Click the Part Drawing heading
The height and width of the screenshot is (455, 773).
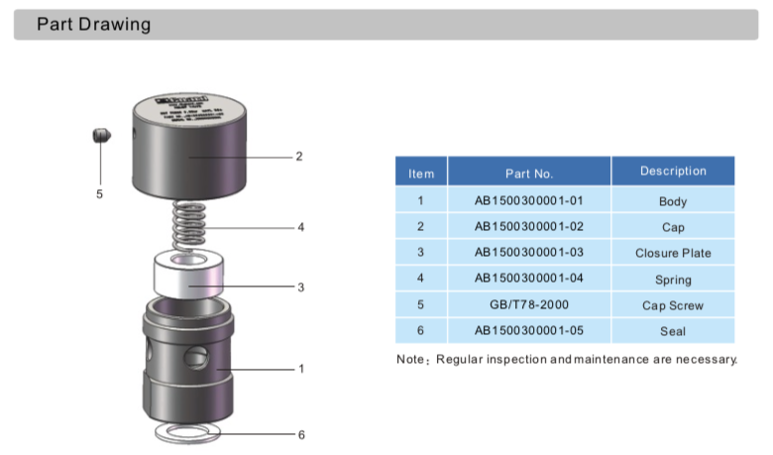pyautogui.click(x=93, y=25)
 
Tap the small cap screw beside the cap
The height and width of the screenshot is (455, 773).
pyautogui.click(x=99, y=136)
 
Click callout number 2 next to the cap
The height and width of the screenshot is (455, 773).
pyautogui.click(x=297, y=156)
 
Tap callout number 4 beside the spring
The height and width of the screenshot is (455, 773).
pyautogui.click(x=300, y=227)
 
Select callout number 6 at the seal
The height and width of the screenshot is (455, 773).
pyautogui.click(x=300, y=434)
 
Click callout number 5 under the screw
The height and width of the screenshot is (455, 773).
pyautogui.click(x=99, y=194)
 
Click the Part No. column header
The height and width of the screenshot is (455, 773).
pyautogui.click(x=528, y=172)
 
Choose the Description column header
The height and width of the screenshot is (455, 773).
pyautogui.click(x=673, y=171)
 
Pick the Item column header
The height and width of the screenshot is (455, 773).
pyautogui.click(x=421, y=173)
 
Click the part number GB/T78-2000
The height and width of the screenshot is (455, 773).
pyautogui.click(x=528, y=305)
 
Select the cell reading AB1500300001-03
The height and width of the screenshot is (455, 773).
pyautogui.click(x=528, y=253)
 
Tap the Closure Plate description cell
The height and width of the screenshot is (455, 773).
pyautogui.click(x=673, y=253)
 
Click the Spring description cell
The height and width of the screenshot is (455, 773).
pyautogui.click(x=673, y=280)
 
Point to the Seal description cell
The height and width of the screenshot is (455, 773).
pyautogui.click(x=673, y=331)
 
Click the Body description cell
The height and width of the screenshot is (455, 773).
pyautogui.click(x=673, y=201)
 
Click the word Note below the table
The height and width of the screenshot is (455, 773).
pyautogui.click(x=411, y=358)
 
